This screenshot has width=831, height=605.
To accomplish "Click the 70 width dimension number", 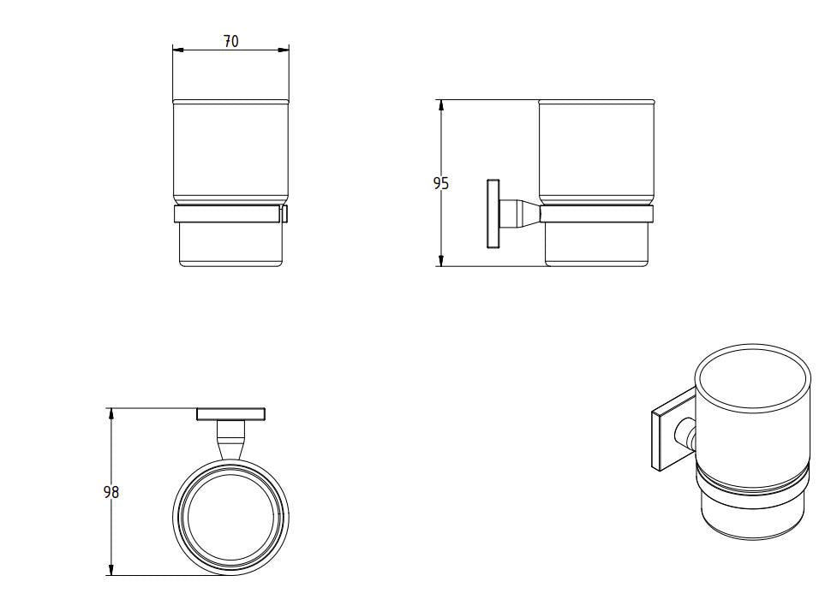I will point(231,41).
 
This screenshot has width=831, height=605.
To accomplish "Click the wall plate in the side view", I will point(493,214).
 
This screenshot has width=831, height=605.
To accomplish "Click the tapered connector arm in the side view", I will point(519,214).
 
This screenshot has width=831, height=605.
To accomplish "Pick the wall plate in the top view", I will point(230,414).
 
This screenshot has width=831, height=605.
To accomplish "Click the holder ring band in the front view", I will point(228,215).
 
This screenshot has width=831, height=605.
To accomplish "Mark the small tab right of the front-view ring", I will point(285,214).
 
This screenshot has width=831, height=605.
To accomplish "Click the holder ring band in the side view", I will point(596,215).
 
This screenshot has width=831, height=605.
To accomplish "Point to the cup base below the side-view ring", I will point(597,246).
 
